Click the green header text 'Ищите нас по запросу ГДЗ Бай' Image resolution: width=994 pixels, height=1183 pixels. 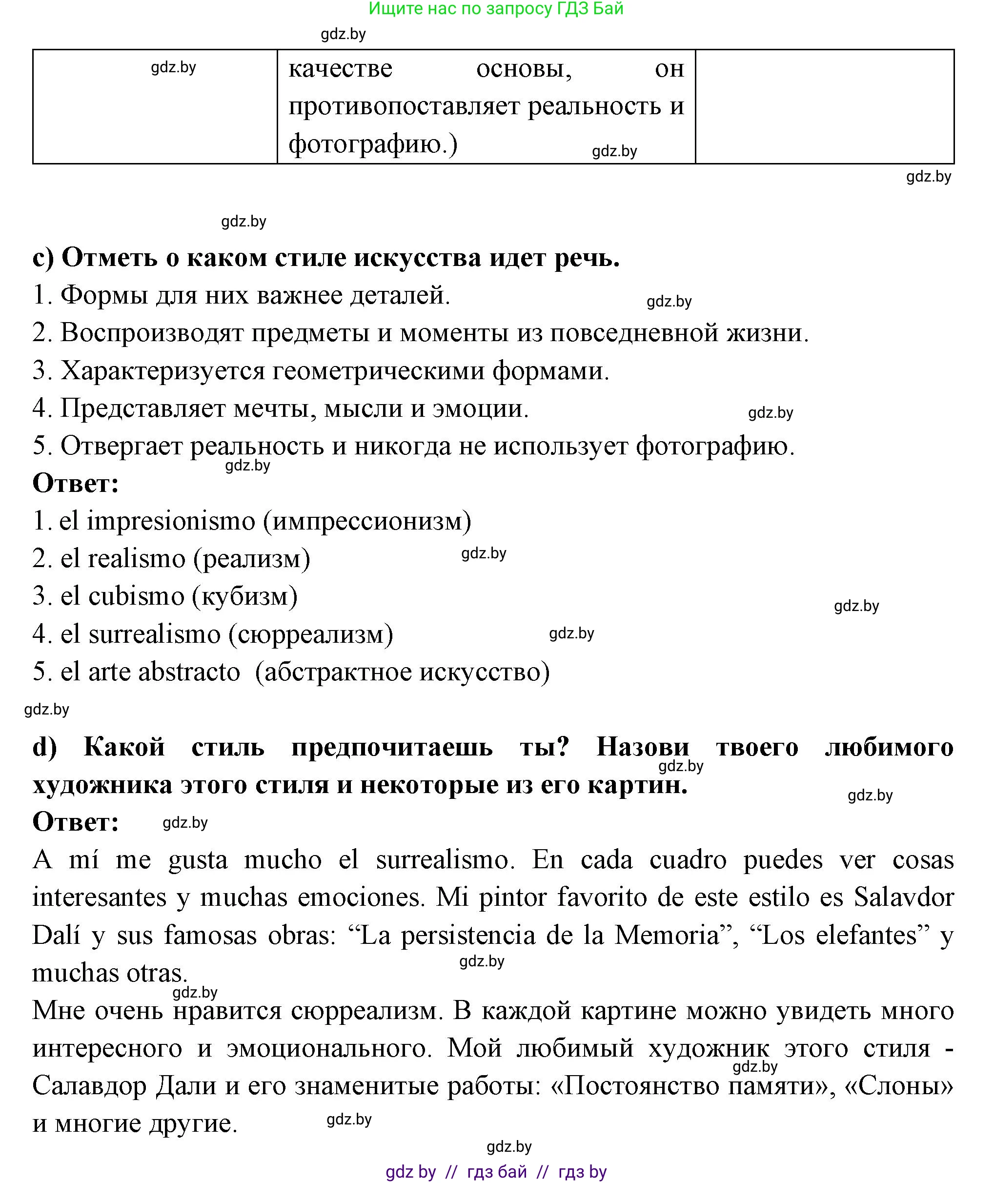496,9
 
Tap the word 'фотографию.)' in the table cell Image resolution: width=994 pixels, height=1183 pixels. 372,143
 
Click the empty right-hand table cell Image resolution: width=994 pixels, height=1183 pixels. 824,106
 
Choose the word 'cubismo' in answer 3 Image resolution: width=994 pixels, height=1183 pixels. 137,596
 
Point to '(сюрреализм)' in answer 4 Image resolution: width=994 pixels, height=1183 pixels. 310,634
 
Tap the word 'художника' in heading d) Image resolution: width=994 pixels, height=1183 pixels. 102,785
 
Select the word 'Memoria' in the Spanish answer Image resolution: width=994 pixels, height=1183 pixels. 667,936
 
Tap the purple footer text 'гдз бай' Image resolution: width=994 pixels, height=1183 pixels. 496,1172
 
